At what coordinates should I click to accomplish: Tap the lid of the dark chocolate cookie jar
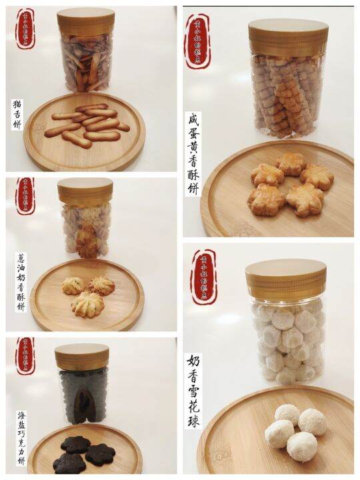pos(82,357)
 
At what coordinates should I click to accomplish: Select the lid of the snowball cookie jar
pos(285,279)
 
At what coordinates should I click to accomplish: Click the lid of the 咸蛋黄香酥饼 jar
pos(290,37)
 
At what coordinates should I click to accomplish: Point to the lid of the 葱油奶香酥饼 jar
pos(85,191)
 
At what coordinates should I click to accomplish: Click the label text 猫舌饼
pos(17,114)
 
